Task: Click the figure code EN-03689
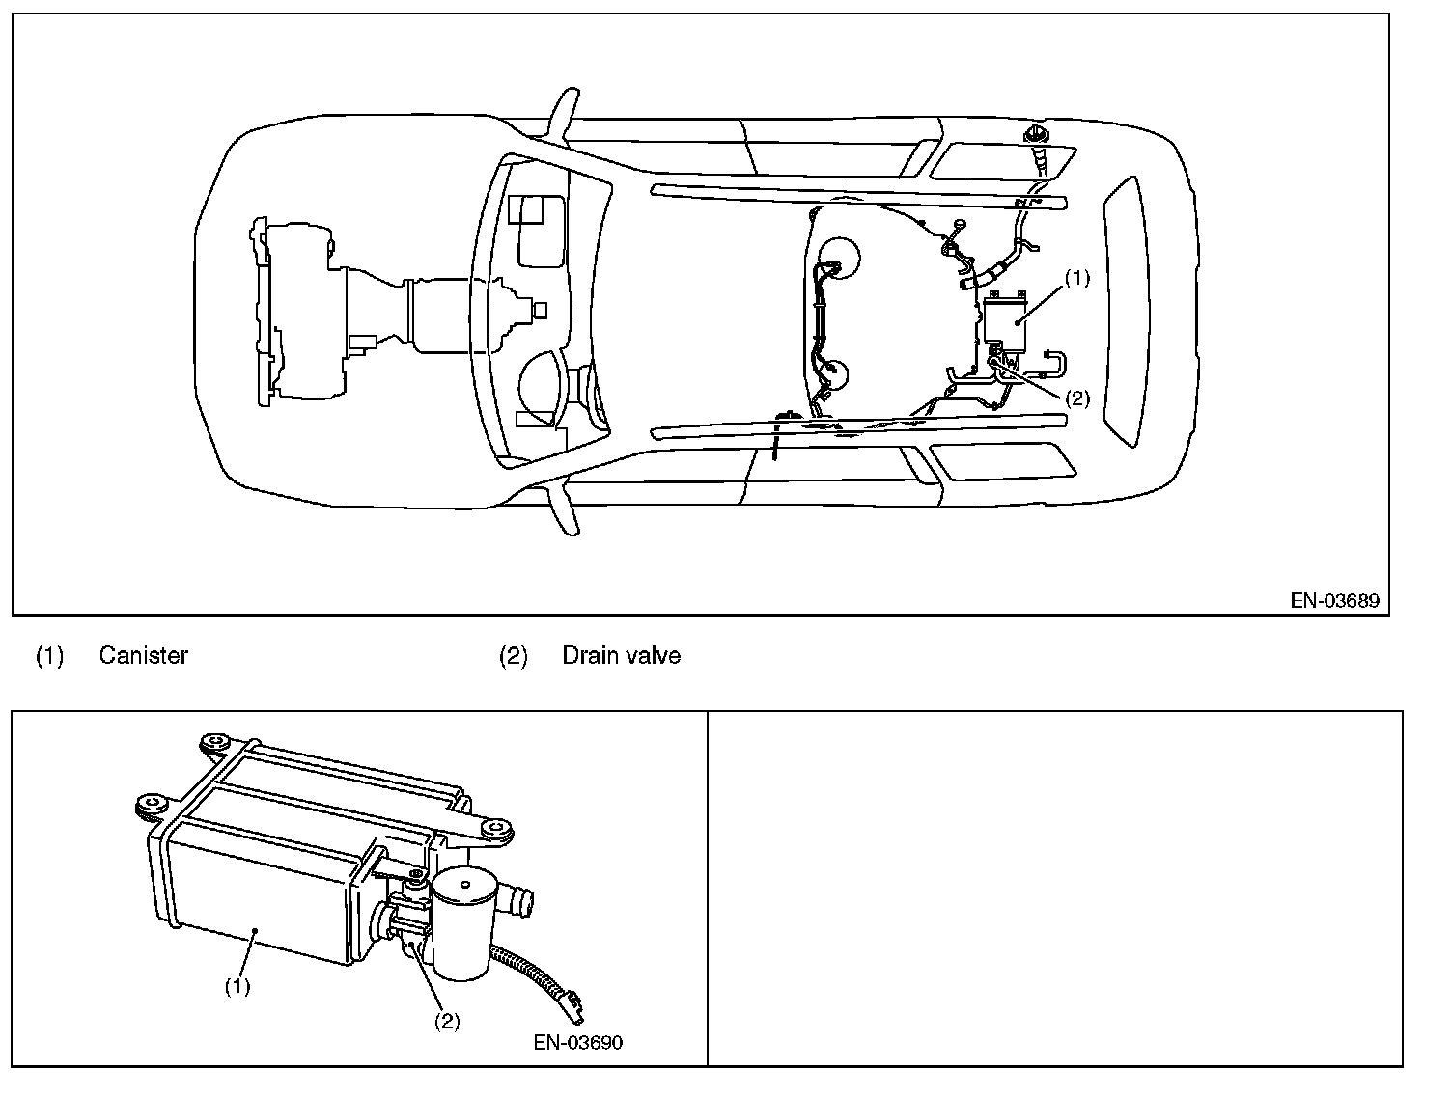click(x=1335, y=601)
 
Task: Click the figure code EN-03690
click(x=577, y=1043)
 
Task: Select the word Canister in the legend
click(x=143, y=656)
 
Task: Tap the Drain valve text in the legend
click(x=621, y=656)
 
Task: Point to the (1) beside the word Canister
click(x=49, y=656)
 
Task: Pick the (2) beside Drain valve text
click(x=513, y=656)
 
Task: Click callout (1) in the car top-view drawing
click(x=1076, y=278)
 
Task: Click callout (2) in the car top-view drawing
click(x=1076, y=398)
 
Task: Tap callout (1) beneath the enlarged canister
click(x=237, y=987)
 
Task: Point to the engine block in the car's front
click(x=299, y=309)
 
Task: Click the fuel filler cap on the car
click(x=1038, y=131)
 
